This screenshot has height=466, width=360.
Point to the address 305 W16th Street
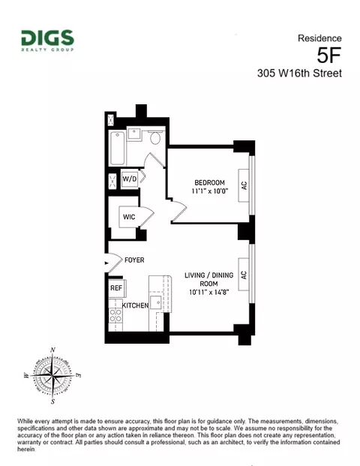(298, 74)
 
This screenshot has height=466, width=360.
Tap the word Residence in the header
(319, 38)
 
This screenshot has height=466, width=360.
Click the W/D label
(130, 179)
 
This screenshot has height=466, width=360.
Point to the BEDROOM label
(209, 183)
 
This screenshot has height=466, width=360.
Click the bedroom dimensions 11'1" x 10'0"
(209, 193)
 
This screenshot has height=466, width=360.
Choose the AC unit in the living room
(243, 268)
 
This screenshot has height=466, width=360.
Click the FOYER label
(134, 260)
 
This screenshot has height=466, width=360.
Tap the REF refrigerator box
(117, 288)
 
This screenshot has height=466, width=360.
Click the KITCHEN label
(135, 305)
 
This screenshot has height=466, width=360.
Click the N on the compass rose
(52, 350)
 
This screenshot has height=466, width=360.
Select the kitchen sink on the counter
(154, 302)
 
